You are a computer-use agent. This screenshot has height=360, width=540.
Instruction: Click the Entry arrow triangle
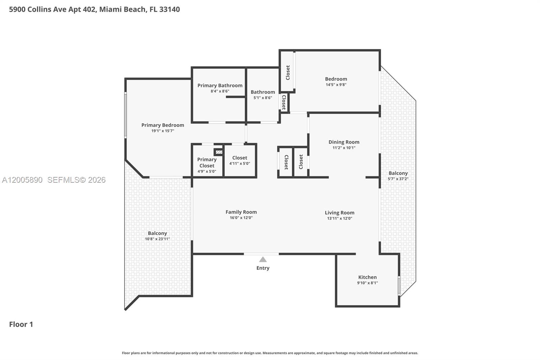tap(263, 259)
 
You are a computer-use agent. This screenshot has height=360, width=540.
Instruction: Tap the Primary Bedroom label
tap(163, 125)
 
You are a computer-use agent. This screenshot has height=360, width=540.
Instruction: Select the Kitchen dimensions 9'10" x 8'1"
tap(367, 283)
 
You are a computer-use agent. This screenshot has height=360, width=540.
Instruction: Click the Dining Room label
tap(344, 142)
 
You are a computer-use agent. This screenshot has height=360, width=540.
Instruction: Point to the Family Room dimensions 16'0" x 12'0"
tap(241, 218)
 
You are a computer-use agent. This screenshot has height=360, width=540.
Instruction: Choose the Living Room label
tap(339, 212)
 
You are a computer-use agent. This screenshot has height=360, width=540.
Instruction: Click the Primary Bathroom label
tap(220, 85)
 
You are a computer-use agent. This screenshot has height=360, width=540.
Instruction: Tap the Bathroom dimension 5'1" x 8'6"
tap(263, 98)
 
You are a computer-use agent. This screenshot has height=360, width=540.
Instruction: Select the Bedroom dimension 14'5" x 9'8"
tap(336, 85)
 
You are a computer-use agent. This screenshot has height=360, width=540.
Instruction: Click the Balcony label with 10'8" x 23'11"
tap(157, 233)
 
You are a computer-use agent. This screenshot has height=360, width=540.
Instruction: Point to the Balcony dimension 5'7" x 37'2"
tap(398, 179)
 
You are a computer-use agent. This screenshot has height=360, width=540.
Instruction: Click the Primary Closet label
tap(207, 162)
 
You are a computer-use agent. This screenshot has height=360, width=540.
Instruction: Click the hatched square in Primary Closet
tap(219, 152)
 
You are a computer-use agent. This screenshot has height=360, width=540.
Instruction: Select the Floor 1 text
tap(21, 324)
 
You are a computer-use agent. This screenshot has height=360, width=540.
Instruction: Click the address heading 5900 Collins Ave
tap(94, 9)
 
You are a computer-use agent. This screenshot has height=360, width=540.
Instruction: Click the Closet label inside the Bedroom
tap(288, 72)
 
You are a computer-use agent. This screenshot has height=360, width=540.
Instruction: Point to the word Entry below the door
tap(263, 268)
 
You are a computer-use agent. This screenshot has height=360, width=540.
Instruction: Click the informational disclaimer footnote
tap(270, 353)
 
